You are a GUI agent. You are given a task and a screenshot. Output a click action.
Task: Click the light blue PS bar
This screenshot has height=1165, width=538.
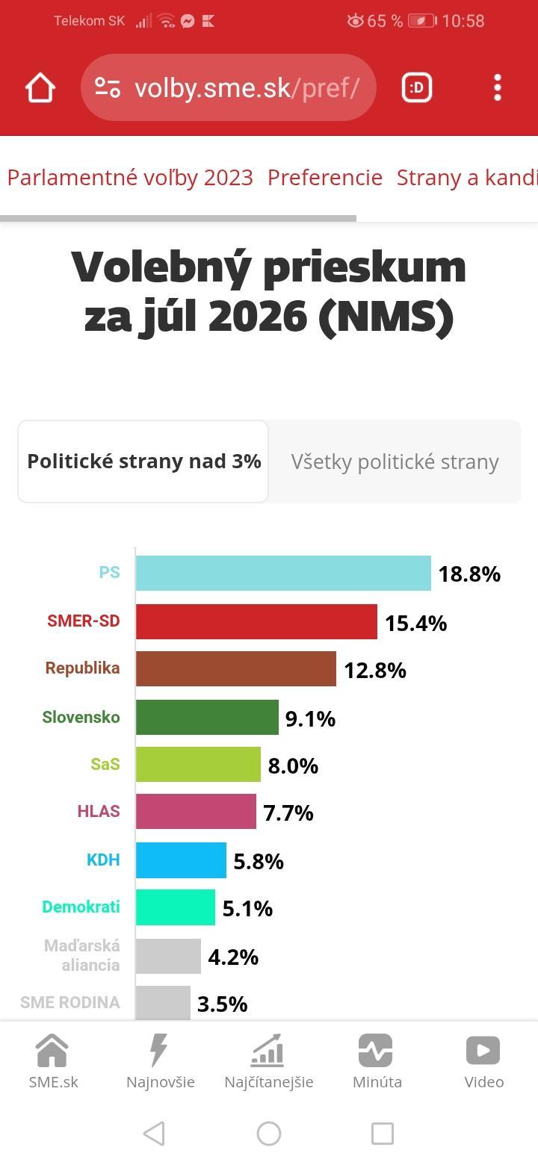pyautogui.click(x=283, y=573)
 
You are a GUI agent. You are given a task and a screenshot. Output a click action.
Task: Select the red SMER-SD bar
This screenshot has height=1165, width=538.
pyautogui.click(x=256, y=621)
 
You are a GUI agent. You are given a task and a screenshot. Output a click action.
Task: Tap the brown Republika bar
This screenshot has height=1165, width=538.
pyautogui.click(x=236, y=669)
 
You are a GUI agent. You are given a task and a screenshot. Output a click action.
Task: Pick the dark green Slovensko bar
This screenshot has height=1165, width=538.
pyautogui.click(x=207, y=717)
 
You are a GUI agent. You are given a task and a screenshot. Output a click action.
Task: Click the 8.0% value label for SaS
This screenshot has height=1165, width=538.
pyautogui.click(x=293, y=766)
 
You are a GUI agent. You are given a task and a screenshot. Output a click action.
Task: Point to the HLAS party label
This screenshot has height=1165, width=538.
pyautogui.click(x=99, y=811)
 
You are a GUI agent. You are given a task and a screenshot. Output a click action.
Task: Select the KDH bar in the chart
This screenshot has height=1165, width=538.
pyautogui.click(x=181, y=860)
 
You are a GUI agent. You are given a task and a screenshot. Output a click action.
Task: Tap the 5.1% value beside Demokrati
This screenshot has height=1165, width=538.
pyautogui.click(x=247, y=909)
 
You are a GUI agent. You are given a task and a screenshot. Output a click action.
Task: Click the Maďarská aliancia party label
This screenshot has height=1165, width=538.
pyautogui.click(x=81, y=955)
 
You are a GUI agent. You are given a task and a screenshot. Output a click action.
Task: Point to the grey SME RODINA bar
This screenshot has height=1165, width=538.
pyautogui.click(x=163, y=1003)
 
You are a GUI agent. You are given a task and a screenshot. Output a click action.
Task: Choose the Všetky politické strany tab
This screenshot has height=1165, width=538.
pyautogui.click(x=395, y=462)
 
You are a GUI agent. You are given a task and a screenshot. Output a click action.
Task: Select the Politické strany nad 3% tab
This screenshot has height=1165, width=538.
pyautogui.click(x=143, y=462)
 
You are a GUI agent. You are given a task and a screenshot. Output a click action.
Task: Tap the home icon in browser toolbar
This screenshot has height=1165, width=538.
pyautogui.click(x=40, y=88)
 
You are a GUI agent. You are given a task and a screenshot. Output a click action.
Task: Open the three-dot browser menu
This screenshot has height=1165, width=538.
pyautogui.click(x=498, y=87)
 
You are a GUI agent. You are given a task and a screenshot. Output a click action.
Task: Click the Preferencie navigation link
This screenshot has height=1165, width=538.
pyautogui.click(x=325, y=177)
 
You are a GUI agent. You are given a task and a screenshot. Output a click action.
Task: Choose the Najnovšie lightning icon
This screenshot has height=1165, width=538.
pyautogui.click(x=158, y=1050)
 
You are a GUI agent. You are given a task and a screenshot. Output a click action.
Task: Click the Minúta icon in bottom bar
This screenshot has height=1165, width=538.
pyautogui.click(x=375, y=1050)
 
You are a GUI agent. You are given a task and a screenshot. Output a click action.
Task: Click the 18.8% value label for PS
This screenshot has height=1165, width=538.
pyautogui.click(x=469, y=574)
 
